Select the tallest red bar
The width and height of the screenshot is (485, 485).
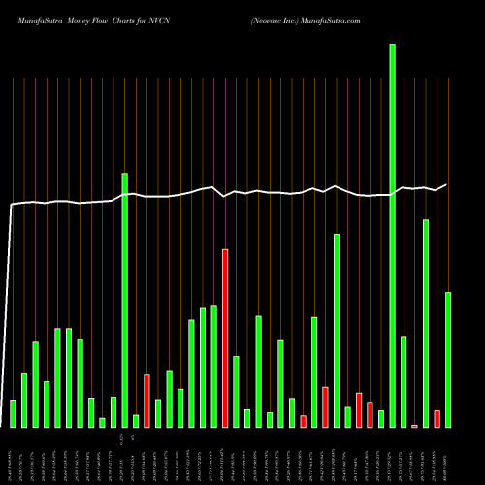225,339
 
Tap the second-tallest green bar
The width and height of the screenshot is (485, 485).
124,300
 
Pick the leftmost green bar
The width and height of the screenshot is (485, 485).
13,413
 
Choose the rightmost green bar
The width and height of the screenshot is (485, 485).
447,360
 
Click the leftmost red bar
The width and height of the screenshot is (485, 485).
146,401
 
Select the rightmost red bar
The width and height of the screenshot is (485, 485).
436,418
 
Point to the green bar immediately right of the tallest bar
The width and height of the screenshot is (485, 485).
403,381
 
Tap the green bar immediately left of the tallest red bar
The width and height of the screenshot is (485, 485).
213,366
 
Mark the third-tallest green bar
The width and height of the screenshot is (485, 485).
425,323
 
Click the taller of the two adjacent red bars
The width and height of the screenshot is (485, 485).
359,409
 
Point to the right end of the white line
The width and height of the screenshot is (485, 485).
446,184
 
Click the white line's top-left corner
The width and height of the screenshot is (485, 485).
12,205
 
